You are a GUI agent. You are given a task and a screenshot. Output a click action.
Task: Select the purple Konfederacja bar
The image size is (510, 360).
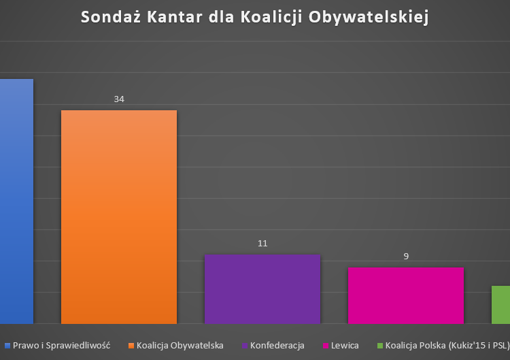pyautogui.click(x=262, y=289)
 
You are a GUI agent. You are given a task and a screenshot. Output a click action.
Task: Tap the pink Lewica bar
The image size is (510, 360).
pyautogui.click(x=405, y=295)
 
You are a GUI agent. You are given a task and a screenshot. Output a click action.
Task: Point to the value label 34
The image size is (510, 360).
pyautogui.click(x=119, y=99)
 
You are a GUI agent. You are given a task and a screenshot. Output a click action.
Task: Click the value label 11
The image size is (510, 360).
pyautogui.click(x=262, y=243)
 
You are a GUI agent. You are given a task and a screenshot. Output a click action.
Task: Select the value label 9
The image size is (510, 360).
pyautogui.click(x=406, y=257)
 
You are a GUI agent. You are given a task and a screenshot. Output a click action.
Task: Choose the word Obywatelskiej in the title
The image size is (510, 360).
pyautogui.click(x=369, y=18)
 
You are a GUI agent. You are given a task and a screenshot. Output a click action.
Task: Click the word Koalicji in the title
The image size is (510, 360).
pyautogui.click(x=275, y=18)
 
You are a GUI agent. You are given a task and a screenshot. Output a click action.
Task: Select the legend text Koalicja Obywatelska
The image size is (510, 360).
pyautogui.click(x=180, y=345)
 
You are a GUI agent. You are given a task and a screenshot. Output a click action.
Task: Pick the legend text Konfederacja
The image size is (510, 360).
pyautogui.click(x=277, y=345)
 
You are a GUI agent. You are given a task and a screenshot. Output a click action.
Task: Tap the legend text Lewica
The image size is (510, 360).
pyautogui.click(x=345, y=345)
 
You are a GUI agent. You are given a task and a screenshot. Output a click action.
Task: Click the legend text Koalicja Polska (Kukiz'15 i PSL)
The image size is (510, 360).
pyautogui.click(x=447, y=345)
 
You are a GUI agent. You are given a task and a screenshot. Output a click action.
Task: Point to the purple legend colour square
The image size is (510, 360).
pyautogui.click(x=244, y=346)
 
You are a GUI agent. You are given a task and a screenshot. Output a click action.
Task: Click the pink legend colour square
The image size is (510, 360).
pyautogui.click(x=326, y=346)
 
